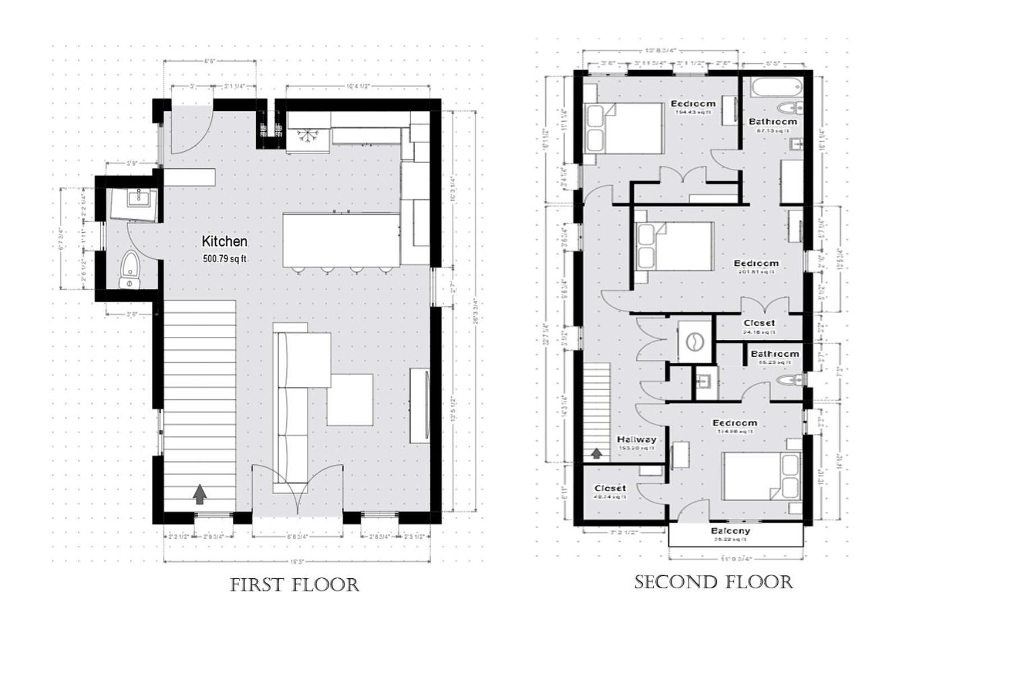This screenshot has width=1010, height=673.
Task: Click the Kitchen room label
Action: point(224,242)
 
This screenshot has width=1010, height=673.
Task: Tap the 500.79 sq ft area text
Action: point(224,259)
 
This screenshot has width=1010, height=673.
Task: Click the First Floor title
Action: point(295,585)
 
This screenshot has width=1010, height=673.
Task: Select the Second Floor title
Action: point(714,582)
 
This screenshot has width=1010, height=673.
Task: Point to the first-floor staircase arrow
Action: point(200,494)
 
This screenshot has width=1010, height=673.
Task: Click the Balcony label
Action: point(730,531)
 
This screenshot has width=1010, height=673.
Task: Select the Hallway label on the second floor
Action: point(636,440)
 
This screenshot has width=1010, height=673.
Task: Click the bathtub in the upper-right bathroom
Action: point(773,88)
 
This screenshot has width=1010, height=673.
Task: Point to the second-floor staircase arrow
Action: point(597,453)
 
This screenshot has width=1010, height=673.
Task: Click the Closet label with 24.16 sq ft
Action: point(759,323)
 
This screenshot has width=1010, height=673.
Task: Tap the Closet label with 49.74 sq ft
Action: point(610,488)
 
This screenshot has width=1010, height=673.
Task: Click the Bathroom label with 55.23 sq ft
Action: point(774,354)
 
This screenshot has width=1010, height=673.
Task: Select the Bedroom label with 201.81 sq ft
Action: point(756,263)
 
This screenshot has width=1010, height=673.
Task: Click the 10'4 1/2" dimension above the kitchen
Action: point(357,86)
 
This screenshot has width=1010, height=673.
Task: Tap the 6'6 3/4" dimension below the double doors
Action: point(297,537)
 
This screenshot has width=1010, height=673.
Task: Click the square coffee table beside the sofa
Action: point(350,399)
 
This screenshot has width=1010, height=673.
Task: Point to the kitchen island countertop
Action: point(341,240)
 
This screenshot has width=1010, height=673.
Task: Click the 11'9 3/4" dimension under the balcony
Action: point(736,559)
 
